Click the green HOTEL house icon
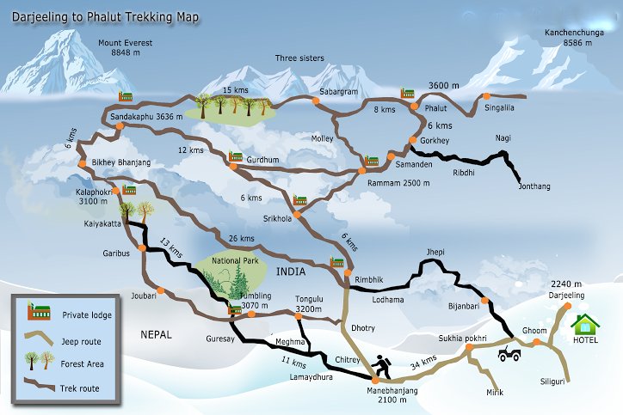pos(586,325)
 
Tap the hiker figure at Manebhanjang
pos(380,367)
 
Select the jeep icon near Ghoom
pos(509,351)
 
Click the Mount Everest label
pos(125,47)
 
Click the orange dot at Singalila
pos(486,96)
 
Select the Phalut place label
pos(437,109)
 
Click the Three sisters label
pos(299,58)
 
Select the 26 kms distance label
pos(242,238)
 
